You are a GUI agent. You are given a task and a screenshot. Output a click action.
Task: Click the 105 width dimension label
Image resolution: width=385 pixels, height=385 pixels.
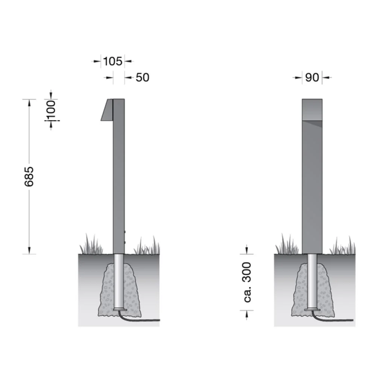112,61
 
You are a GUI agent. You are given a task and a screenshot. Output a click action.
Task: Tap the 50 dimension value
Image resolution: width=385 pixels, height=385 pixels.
142,77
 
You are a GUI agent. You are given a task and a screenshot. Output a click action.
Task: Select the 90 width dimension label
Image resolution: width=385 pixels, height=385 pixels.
312,77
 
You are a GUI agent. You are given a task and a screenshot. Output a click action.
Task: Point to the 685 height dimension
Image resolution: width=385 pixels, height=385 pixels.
29,176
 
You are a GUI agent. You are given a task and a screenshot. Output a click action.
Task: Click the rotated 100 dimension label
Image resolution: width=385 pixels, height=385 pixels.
51,109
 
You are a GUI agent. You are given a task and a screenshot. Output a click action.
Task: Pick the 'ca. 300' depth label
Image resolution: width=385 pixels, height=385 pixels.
247,282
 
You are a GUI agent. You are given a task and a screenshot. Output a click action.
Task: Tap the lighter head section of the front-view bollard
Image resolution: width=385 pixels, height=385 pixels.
312,110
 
